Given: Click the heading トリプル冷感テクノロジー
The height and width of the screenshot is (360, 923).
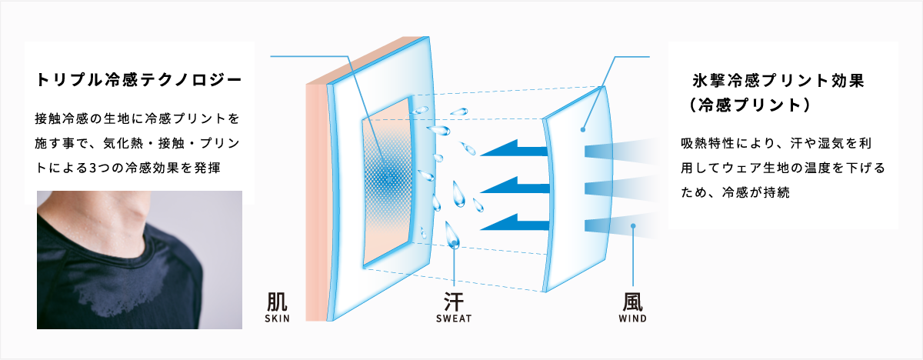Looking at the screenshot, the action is click(x=139, y=80).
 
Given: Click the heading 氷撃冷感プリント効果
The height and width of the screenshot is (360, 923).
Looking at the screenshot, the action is click(x=778, y=80).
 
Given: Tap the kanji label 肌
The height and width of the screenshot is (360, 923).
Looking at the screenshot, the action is click(x=277, y=302).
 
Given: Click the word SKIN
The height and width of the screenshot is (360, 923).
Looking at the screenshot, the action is click(x=277, y=318).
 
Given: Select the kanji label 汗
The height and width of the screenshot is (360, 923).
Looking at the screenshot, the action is click(x=454, y=302).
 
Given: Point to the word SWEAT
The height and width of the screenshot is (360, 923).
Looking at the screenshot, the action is click(x=454, y=318).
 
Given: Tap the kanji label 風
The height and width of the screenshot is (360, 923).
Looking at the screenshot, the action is click(x=632, y=302).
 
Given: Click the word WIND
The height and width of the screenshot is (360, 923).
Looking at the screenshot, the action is click(x=632, y=318).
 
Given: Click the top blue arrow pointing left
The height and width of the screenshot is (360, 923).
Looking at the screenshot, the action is click(x=515, y=148).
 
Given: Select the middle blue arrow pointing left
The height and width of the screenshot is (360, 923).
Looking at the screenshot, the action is click(x=515, y=185).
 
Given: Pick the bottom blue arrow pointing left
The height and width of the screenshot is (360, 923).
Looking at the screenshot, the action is click(x=515, y=222).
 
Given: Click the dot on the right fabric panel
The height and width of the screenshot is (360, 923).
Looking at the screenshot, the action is click(x=583, y=130).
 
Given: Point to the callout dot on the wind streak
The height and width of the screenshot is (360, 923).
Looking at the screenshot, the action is click(x=633, y=225).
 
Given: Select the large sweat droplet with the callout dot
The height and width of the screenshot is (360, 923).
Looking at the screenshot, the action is click(x=452, y=235).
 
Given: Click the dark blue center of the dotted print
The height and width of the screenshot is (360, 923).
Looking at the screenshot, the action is click(x=388, y=178).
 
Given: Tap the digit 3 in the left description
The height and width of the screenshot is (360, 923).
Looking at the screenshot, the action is click(x=93, y=168).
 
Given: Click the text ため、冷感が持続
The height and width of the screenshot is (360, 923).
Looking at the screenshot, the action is click(x=735, y=192).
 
